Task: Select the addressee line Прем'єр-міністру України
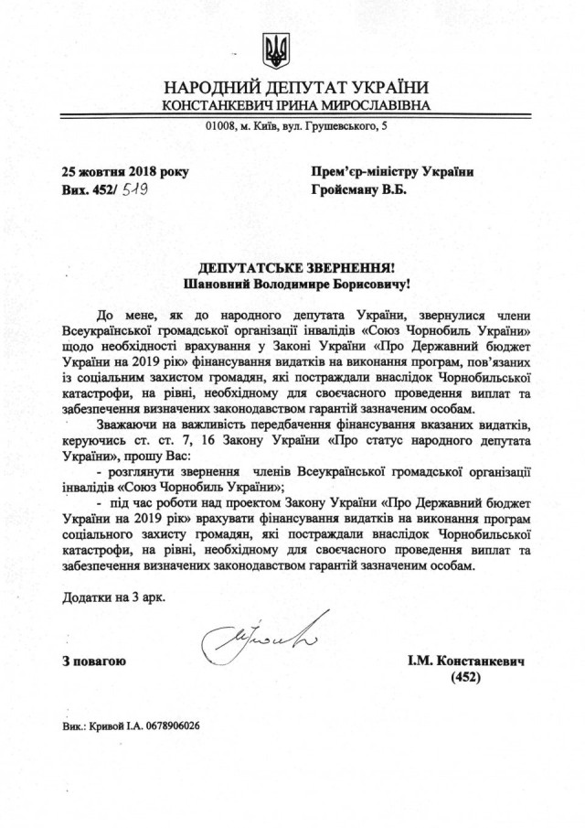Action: tap(393, 171)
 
